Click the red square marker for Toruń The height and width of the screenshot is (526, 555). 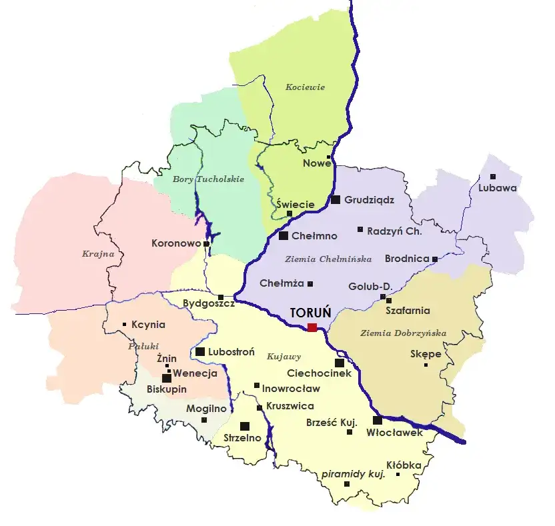[312, 327]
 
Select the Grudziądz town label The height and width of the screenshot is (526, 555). [369, 199]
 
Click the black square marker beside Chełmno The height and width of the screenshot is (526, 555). [284, 235]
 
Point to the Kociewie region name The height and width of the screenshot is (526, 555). [305, 87]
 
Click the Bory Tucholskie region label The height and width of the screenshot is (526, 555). [208, 179]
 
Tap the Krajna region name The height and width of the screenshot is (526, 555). [98, 253]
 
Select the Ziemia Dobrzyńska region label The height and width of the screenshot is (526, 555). [403, 333]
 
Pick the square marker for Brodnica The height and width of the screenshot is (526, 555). [435, 259]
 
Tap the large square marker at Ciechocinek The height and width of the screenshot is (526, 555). [339, 363]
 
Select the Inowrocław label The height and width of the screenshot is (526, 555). [291, 388]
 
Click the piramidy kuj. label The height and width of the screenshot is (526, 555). [353, 474]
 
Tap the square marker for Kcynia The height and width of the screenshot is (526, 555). [125, 325]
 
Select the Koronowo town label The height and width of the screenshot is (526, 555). [176, 243]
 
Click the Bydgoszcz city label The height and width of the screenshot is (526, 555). [208, 303]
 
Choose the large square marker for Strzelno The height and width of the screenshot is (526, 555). [245, 426]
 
